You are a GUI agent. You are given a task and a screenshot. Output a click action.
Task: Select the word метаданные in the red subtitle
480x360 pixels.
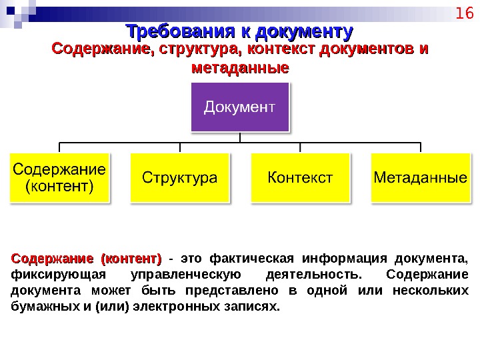click(240, 68)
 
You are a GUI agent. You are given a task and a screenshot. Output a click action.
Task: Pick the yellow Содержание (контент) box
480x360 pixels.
click(59, 177)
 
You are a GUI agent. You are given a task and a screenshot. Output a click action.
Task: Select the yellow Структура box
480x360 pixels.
click(180, 177)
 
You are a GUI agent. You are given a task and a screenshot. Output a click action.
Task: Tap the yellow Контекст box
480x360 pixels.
click(300, 177)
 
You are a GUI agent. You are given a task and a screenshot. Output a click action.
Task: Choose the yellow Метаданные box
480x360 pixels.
click(420, 177)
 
